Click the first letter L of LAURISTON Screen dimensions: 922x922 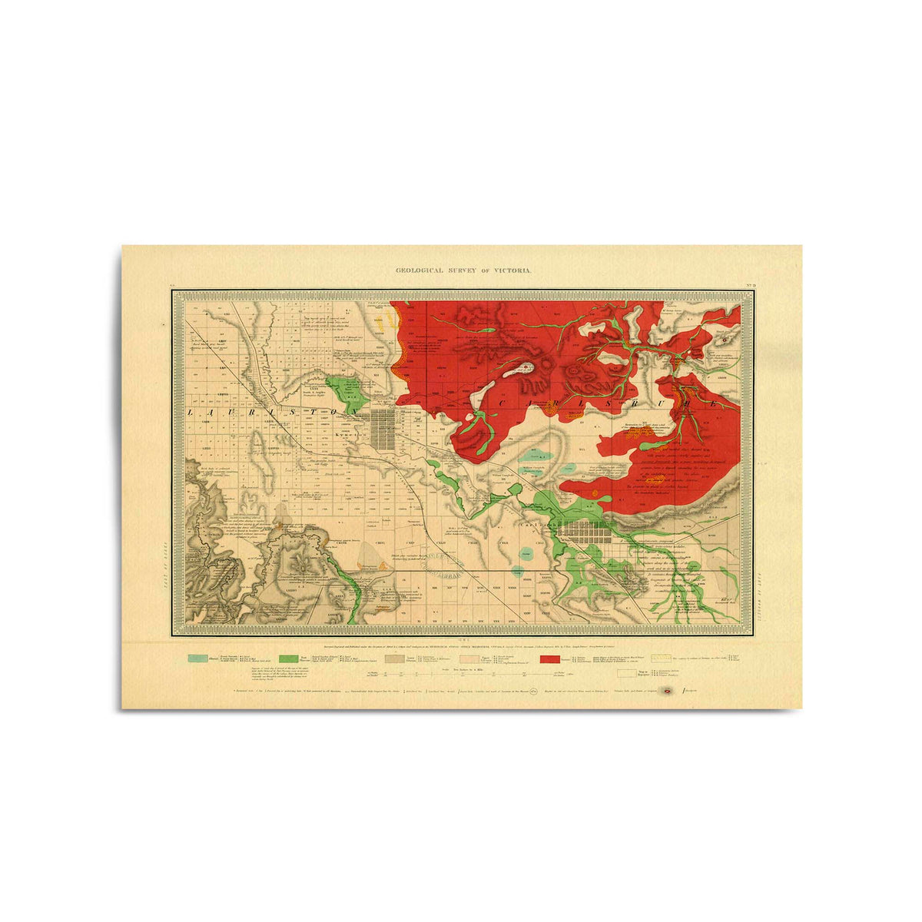[x=190, y=413]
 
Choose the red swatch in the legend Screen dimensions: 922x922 [x=549, y=658]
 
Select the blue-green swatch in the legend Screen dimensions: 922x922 [x=198, y=658]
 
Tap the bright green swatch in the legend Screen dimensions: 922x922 [x=289, y=658]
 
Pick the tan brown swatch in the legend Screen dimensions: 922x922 [x=394, y=658]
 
